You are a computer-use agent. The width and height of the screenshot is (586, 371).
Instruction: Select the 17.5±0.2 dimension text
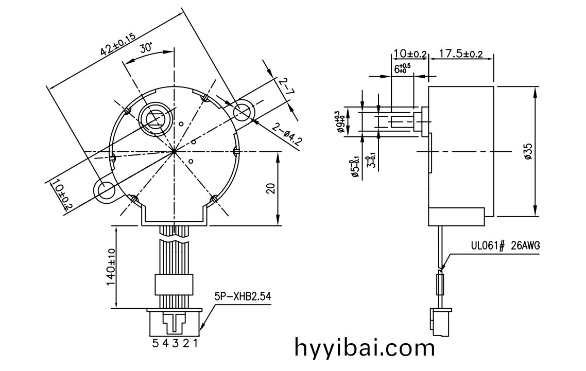tap(461, 54)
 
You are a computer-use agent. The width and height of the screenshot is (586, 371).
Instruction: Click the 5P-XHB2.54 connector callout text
tap(243, 296)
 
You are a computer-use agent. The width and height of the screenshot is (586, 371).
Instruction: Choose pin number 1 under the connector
tap(195, 343)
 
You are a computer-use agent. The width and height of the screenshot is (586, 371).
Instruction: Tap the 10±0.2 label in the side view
tap(410, 54)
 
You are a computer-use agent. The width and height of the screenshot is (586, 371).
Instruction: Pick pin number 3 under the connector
tap(175, 343)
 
